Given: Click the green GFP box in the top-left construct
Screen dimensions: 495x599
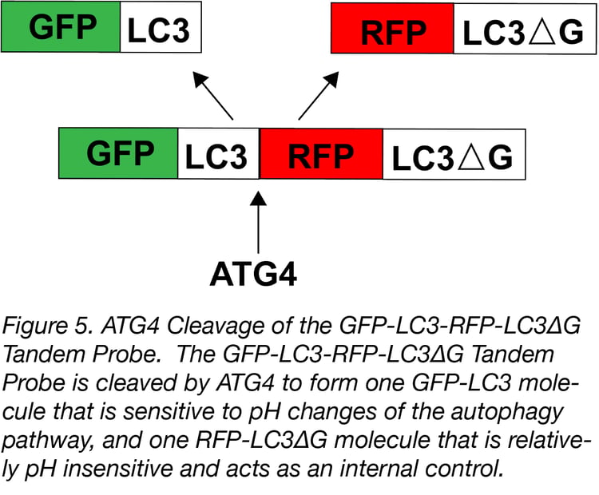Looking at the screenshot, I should click(62, 27).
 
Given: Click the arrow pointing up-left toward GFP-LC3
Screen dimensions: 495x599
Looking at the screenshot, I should click(214, 96).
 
